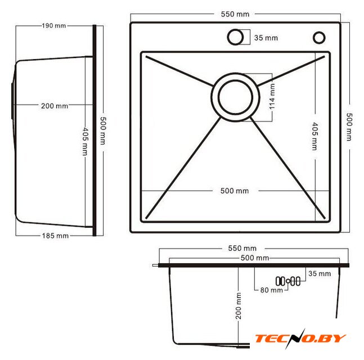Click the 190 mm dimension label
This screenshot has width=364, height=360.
pos(54,25)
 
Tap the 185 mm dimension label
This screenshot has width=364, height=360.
pos(55,236)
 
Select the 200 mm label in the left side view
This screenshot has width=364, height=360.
pos(55,106)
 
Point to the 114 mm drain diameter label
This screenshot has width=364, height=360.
pos(272,97)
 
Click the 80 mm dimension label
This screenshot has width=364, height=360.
pos(271,290)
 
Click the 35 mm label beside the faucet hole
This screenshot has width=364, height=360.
pos(266,38)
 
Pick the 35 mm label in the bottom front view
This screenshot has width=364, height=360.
pos(320,273)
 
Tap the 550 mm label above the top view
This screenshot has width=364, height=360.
pos(235,14)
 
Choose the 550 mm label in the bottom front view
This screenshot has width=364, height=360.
pos(242,249)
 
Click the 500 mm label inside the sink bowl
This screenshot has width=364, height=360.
pos(235,191)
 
